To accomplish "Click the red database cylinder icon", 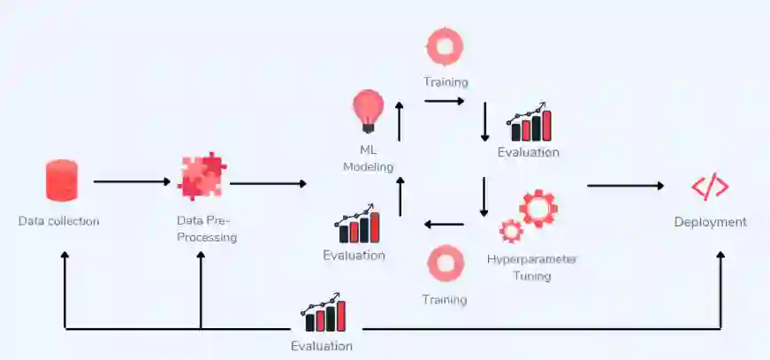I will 62,180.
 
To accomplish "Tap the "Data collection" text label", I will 58,221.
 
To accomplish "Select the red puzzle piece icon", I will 202,176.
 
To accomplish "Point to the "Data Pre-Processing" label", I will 206,229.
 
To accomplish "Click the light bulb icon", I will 367,111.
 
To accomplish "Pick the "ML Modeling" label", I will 368,158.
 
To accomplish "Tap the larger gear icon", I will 537,208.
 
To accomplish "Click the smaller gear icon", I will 511,232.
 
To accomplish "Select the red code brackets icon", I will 710,187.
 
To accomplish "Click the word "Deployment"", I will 710,222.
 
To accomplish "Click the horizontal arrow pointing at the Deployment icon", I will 624,186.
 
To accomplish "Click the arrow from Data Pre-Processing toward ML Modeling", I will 267,184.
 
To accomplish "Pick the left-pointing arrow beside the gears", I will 445,224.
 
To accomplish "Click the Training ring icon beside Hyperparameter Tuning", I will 445,264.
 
